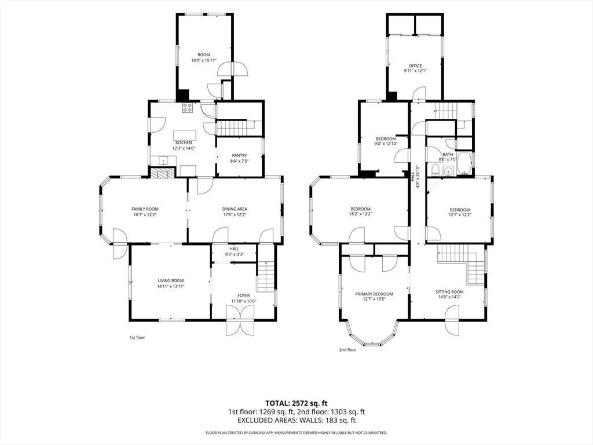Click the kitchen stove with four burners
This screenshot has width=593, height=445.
coord(188,107)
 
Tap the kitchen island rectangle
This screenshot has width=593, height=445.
coord(185,135)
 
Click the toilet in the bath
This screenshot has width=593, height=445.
coord(434,170)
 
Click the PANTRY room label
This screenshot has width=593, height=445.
coord(239,155)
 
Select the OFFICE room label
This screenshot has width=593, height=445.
coord(415,66)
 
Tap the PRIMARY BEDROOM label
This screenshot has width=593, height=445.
coord(374,294)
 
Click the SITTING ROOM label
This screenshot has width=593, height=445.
coord(449,292)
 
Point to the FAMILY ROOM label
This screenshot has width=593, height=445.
coord(145,209)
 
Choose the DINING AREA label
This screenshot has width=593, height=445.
coord(235,209)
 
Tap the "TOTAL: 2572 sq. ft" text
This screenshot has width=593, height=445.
coord(296,403)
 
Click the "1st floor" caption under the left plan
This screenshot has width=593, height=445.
coord(137,338)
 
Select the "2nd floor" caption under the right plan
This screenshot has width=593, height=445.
coord(347,350)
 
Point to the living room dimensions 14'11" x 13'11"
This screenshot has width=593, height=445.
coord(171,286)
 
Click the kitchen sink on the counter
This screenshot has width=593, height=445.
coord(163,161)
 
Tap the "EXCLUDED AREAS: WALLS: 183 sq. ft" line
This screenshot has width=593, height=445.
coord(296,420)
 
